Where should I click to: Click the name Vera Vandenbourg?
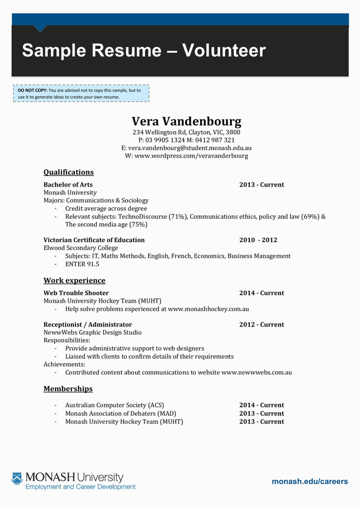coord(186,122)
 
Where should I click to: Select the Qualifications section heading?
coord(69,172)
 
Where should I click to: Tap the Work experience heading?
coord(74,280)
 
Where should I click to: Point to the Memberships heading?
coord(68,389)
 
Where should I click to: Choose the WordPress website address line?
coord(186,156)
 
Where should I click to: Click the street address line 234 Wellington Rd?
coord(186,132)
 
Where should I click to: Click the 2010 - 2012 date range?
coord(258,240)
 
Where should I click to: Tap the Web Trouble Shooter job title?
coord(76,293)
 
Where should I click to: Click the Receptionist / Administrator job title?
coord(81,324)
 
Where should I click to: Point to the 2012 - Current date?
coord(262,324)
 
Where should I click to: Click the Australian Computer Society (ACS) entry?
coord(114,405)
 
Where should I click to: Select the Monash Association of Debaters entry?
coord(121,413)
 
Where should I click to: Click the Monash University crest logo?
coord(17,479)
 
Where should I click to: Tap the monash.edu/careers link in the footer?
coord(310,481)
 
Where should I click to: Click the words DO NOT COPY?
coord(32,90)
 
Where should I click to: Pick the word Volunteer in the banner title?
coord(224,51)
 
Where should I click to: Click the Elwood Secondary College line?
coord(81,248)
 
